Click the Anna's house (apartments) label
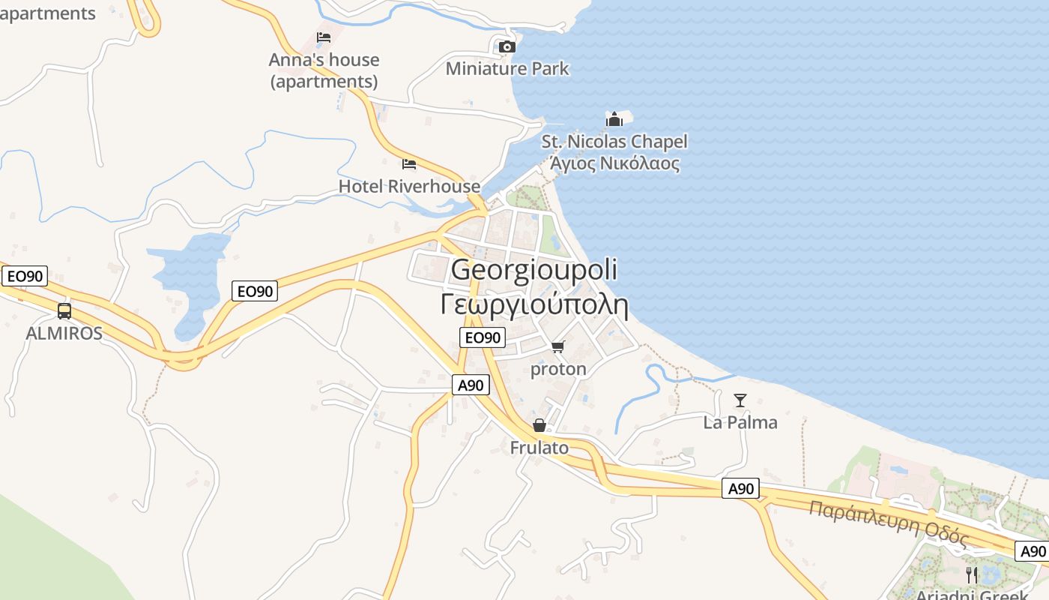(x=324, y=70)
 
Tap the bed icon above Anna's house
(x=324, y=37)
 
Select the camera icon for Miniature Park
(x=507, y=46)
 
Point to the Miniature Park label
(x=507, y=69)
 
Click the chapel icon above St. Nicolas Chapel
(x=614, y=119)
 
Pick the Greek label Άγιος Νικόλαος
(x=614, y=163)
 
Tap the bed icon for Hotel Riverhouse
(x=409, y=163)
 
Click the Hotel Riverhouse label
(x=409, y=186)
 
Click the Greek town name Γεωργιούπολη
(x=534, y=304)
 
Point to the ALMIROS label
(x=64, y=333)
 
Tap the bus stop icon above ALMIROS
(x=64, y=310)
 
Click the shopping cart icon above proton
(x=557, y=346)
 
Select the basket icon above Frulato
(x=539, y=426)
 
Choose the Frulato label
(x=539, y=448)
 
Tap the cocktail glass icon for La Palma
(x=740, y=400)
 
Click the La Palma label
(x=740, y=422)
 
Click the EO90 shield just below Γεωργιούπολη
(x=483, y=337)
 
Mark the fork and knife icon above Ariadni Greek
(x=972, y=575)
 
